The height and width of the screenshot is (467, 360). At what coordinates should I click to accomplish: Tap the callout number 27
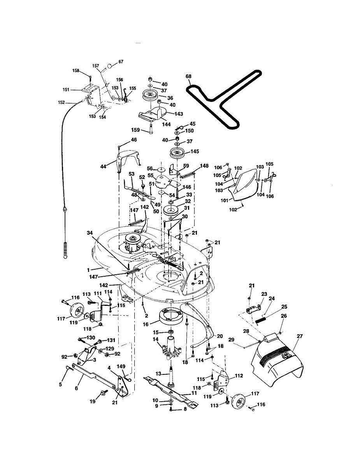tap(300, 336)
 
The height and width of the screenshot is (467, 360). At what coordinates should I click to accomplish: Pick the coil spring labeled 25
tap(261, 320)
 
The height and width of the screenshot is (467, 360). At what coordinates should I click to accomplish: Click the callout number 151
tap(66, 90)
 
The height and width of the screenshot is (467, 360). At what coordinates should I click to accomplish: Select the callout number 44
tap(103, 166)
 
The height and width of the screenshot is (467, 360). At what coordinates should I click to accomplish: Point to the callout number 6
tap(76, 388)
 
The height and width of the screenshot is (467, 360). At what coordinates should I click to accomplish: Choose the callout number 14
tap(156, 339)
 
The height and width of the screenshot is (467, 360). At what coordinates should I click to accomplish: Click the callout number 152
tap(61, 103)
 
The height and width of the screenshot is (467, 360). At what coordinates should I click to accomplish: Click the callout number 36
tap(170, 98)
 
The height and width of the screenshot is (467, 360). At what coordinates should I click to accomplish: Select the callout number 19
tap(93, 401)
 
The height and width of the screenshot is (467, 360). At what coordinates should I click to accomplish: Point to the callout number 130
tap(90, 337)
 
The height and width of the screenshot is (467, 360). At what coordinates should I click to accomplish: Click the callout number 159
tap(135, 130)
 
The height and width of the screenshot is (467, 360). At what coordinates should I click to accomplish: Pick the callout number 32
tap(188, 202)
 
